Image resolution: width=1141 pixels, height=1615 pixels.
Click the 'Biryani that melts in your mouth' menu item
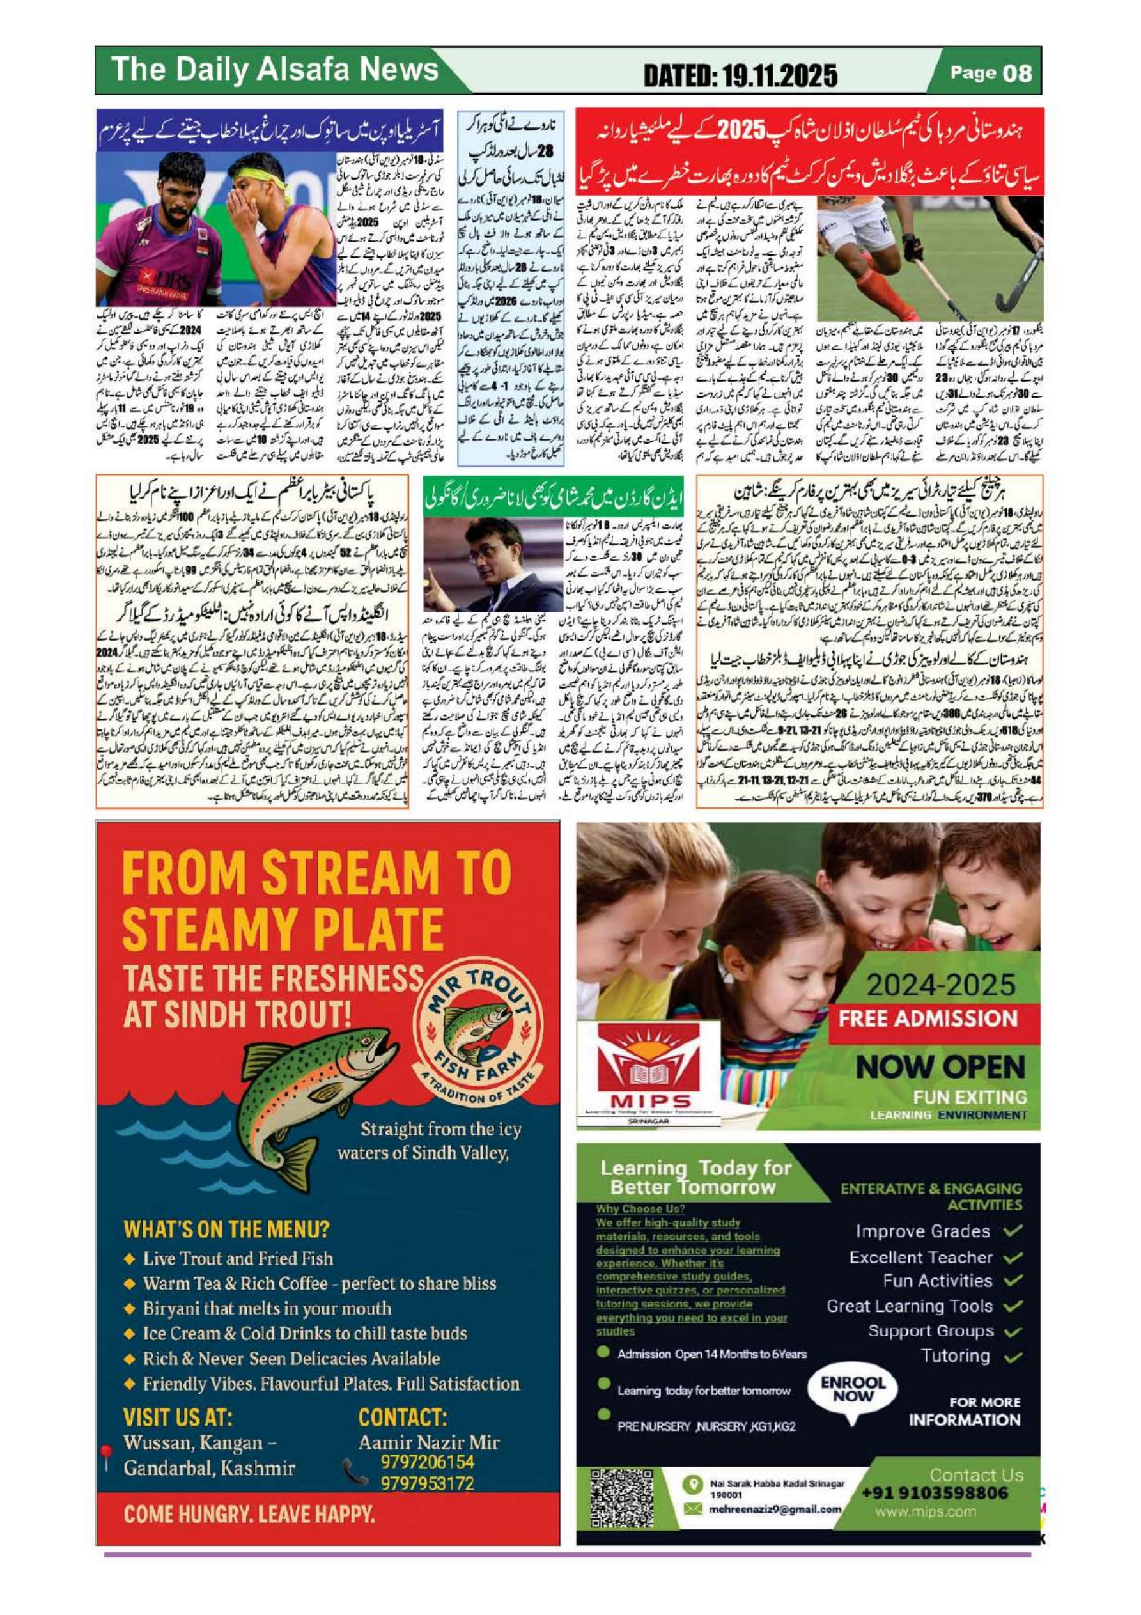267,1307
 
